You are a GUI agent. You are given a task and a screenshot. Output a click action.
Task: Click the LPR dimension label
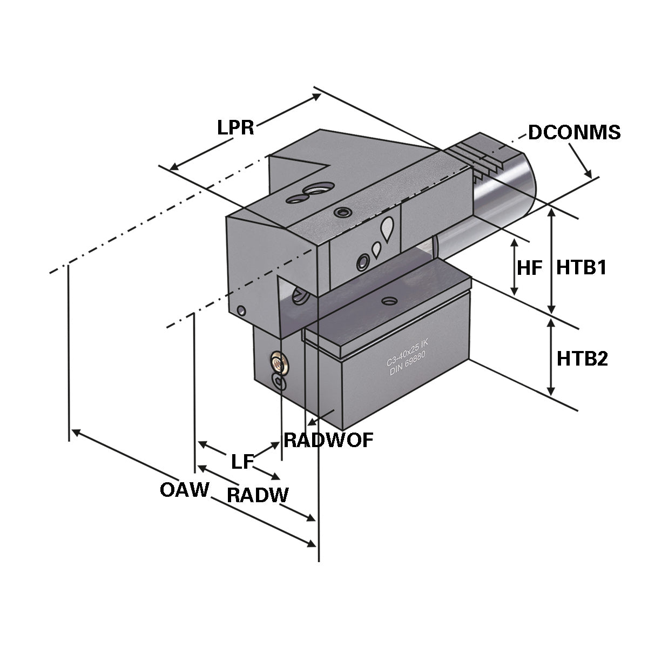(235, 128)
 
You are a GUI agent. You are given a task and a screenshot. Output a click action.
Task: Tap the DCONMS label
(574, 132)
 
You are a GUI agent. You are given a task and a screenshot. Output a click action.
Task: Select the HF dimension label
(529, 268)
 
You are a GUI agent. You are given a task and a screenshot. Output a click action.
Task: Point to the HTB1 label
(582, 267)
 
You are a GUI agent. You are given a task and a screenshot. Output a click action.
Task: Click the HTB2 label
(582, 358)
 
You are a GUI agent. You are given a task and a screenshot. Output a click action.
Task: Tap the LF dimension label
(242, 462)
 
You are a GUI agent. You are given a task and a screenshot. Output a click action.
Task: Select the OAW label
(184, 490)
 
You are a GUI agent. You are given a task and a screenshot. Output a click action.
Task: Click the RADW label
(258, 495)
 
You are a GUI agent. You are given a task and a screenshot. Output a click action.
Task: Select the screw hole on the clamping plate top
(388, 300)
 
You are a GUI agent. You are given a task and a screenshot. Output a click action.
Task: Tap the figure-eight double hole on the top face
(305, 194)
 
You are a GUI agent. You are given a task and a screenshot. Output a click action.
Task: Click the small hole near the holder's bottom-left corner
(241, 310)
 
